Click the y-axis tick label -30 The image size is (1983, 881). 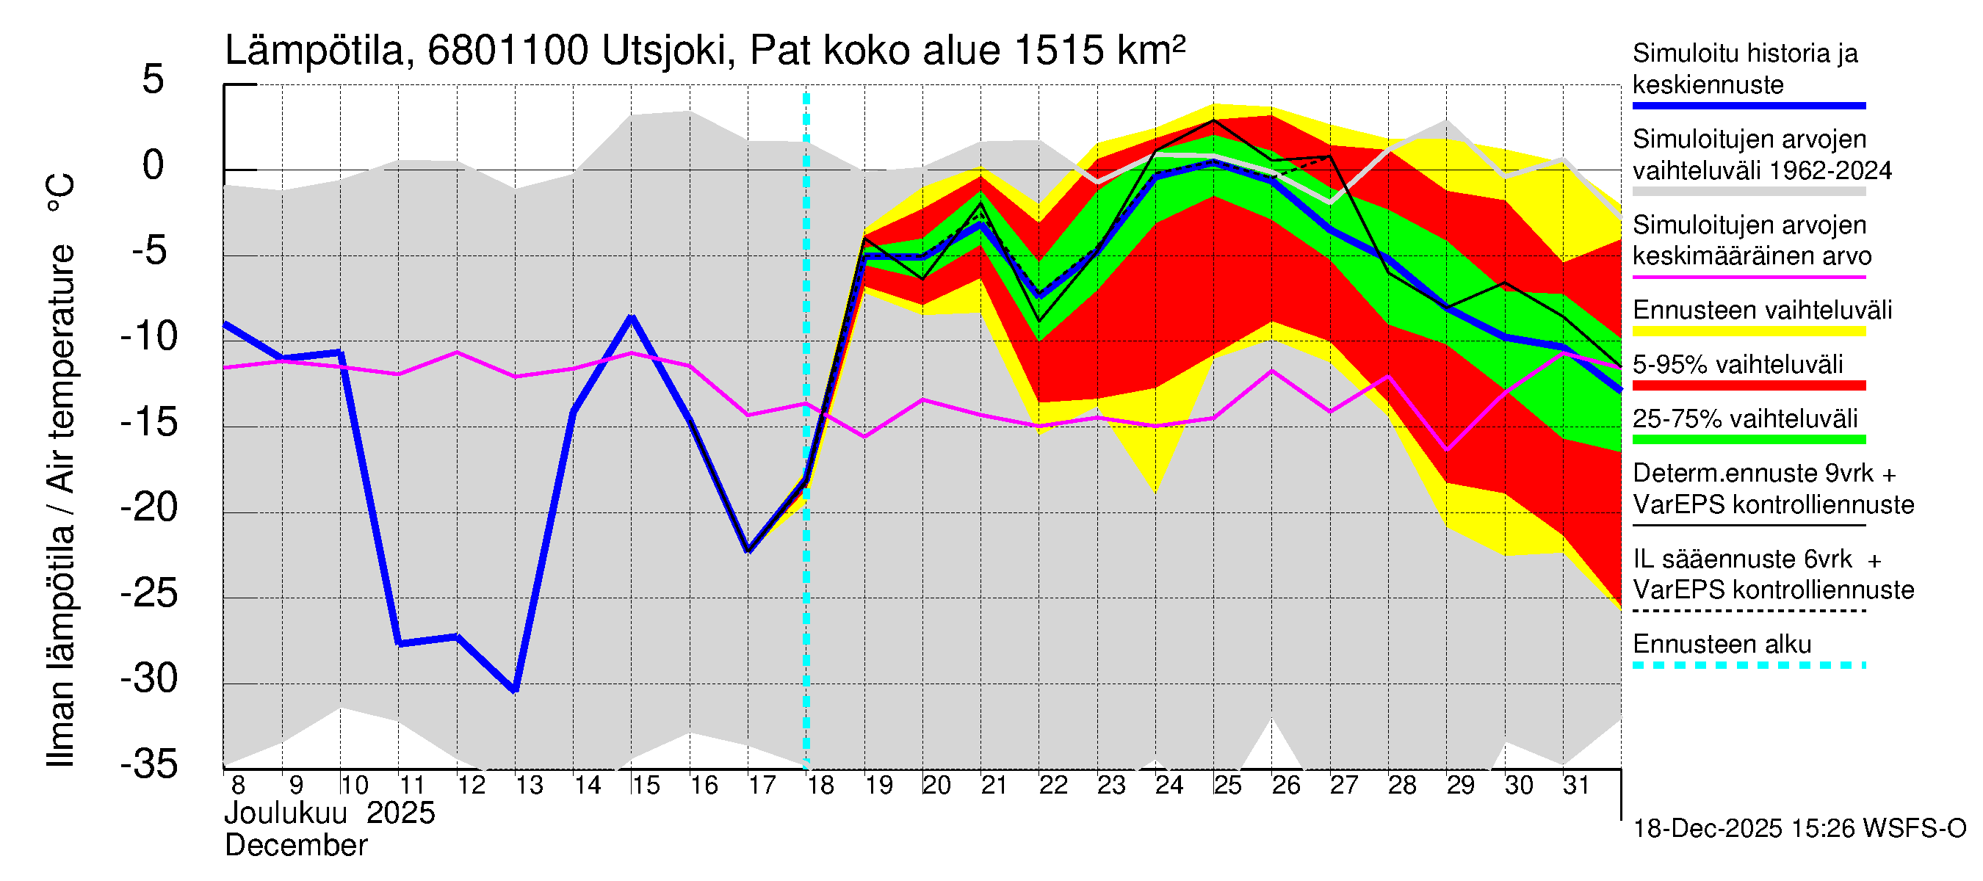point(149,678)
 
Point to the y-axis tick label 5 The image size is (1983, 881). point(153,80)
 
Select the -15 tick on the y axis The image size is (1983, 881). point(149,422)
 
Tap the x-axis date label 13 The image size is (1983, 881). point(529,786)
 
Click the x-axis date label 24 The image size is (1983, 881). point(1169,786)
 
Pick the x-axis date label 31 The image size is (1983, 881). point(1576,786)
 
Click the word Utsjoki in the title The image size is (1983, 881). point(663,51)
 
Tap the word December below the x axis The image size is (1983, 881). point(295,846)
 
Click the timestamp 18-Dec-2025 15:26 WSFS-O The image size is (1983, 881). point(1799,829)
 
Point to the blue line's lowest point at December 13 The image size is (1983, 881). point(515,690)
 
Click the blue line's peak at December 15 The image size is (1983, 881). point(631,317)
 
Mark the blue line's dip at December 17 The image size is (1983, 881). point(748,550)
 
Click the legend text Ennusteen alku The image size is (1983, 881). point(1722,644)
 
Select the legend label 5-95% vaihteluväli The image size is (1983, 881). point(1738,365)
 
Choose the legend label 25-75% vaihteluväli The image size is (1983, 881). point(1745,419)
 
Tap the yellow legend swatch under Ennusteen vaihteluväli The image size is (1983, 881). point(1748,332)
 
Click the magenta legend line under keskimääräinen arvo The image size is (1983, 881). point(1748,277)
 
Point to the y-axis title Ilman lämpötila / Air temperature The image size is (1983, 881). point(61,469)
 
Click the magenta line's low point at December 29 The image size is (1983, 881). point(1447,449)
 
